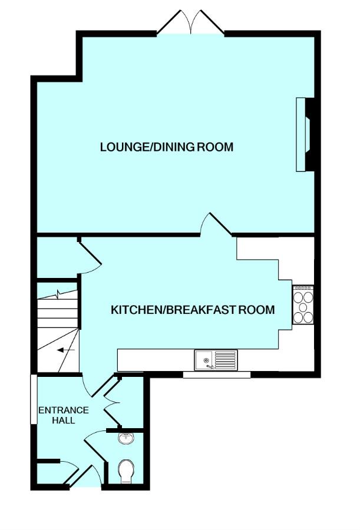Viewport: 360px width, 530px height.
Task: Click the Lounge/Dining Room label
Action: click(167, 147)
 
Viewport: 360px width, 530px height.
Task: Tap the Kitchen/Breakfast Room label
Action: click(193, 310)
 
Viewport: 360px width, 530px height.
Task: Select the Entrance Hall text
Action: click(64, 415)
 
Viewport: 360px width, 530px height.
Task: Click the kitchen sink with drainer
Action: click(216, 360)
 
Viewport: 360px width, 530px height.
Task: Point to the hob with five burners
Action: click(303, 305)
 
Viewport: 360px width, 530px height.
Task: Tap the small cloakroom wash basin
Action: click(126, 438)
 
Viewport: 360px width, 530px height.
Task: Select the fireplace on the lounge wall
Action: click(305, 134)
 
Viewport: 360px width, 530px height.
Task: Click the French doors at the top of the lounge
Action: click(191, 22)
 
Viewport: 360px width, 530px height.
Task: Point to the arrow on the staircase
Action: click(66, 350)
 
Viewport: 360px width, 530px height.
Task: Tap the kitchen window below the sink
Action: click(217, 375)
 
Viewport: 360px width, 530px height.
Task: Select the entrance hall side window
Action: click(34, 399)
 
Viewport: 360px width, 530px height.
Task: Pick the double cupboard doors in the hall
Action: click(112, 403)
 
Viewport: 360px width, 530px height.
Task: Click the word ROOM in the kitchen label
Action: click(257, 310)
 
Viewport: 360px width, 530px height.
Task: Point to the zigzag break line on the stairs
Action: click(58, 294)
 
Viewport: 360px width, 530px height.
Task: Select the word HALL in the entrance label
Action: click(63, 420)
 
